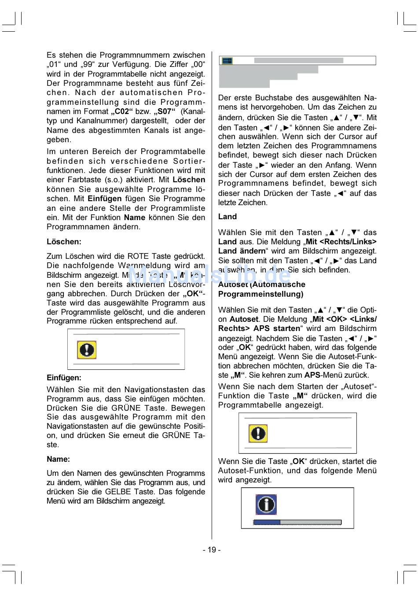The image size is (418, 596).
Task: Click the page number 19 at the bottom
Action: [212, 550]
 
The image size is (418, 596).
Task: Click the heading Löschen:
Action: [64, 242]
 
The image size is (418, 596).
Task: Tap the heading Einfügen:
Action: [64, 378]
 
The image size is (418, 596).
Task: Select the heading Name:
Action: [58, 459]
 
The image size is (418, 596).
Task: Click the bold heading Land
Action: [227, 217]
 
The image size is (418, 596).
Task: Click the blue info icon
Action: [266, 504]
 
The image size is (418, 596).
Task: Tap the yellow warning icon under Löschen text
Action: [87, 350]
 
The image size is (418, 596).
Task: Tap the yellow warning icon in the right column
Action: [258, 434]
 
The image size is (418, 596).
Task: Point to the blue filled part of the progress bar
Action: [267, 522]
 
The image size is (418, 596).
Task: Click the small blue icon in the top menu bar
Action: [227, 61]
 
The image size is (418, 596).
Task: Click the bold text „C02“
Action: [122, 111]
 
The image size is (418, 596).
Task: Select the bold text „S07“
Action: [165, 111]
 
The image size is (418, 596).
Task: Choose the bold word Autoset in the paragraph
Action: [244, 319]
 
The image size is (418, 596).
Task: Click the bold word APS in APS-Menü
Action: [312, 375]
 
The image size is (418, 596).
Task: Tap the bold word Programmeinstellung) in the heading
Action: [261, 294]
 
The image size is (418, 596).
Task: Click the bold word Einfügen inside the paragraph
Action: [105, 199]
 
